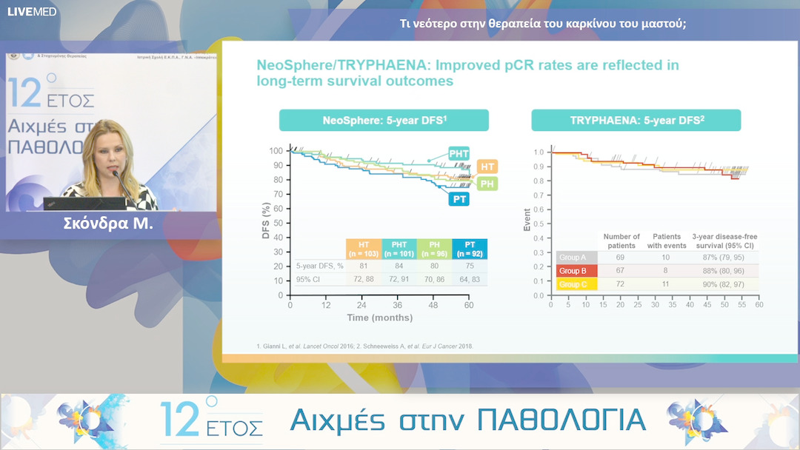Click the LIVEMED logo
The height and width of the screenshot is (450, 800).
(x=32, y=11)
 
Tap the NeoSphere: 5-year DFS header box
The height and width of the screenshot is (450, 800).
(x=384, y=120)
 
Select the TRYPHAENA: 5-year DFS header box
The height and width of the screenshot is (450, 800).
(x=636, y=120)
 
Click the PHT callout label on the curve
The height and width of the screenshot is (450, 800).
(x=459, y=153)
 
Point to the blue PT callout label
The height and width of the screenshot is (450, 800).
(x=459, y=198)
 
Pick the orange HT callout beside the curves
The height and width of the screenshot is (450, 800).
(x=487, y=167)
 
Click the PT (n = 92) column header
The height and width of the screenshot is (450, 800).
(x=470, y=249)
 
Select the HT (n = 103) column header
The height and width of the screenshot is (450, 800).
(x=364, y=249)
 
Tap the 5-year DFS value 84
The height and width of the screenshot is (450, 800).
(x=399, y=266)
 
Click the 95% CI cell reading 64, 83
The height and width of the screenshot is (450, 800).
(x=470, y=281)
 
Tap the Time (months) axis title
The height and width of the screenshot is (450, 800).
(x=380, y=318)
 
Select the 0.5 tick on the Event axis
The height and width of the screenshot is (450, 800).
(x=538, y=224)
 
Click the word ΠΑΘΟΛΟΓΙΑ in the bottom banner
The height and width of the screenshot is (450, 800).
(x=561, y=420)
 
